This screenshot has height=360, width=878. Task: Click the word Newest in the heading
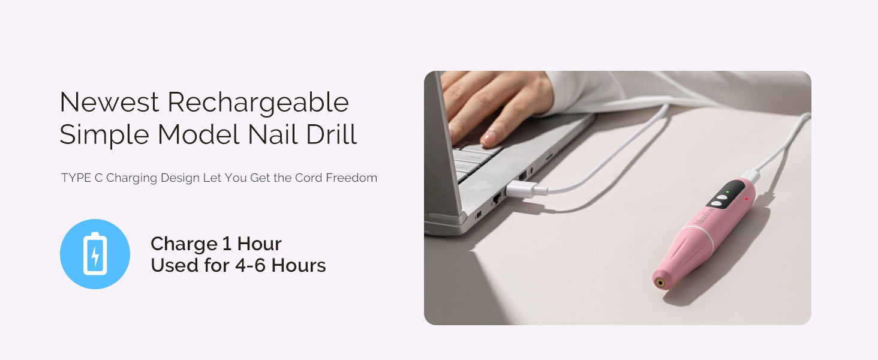tap(109, 103)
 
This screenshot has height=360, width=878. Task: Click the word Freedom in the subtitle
tap(351, 178)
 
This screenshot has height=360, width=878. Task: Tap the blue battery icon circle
tap(95, 254)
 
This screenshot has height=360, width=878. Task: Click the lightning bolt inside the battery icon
tap(95, 256)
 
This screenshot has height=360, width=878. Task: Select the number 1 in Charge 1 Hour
tap(227, 244)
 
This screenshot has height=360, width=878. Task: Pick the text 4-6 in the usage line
tap(250, 265)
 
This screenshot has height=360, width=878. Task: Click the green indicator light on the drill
tap(727, 192)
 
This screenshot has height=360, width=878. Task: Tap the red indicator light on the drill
tap(746, 199)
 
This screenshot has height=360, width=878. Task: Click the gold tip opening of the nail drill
tap(660, 283)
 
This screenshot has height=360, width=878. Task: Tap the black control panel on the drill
tap(724, 195)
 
